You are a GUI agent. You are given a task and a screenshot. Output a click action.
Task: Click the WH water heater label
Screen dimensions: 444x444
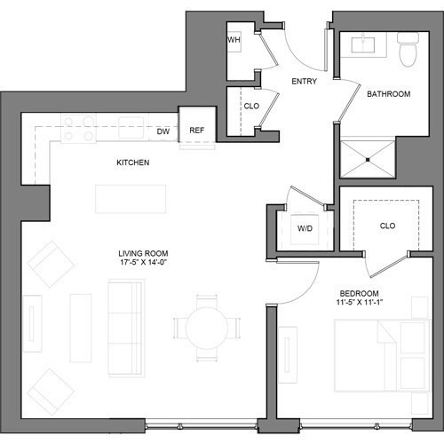[x=234, y=40]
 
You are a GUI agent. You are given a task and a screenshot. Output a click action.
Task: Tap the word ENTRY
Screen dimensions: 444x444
[x=305, y=81]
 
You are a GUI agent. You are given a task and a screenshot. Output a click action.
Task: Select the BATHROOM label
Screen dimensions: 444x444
[x=389, y=94]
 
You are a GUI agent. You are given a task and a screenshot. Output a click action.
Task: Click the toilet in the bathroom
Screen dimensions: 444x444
[x=408, y=50]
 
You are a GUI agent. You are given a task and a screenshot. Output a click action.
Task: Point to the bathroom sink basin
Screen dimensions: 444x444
[x=363, y=45]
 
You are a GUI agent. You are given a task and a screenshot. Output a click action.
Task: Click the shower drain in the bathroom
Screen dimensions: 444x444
[x=368, y=160]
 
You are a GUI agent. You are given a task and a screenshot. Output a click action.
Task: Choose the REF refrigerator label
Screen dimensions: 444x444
[x=197, y=131]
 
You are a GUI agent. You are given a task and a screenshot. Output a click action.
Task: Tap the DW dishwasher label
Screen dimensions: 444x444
[x=163, y=131]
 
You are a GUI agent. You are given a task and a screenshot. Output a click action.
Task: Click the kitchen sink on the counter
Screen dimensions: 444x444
[x=131, y=128]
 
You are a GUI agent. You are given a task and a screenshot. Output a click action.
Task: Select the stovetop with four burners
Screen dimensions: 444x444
[x=78, y=129]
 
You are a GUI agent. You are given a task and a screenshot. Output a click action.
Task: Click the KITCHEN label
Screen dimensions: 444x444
[x=133, y=163]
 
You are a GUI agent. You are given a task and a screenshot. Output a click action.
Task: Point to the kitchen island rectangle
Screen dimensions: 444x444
[x=131, y=199]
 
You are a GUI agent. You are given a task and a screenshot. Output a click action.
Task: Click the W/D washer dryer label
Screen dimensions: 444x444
[x=305, y=228]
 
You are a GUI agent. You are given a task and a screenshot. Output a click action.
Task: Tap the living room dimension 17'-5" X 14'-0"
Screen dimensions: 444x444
[x=143, y=262]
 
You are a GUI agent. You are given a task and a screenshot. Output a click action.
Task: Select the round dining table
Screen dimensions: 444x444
[x=207, y=328]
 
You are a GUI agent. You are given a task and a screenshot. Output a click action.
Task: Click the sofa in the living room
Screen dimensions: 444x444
[x=126, y=328]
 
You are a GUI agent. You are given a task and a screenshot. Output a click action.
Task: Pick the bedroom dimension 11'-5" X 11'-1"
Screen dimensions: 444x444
[x=360, y=303]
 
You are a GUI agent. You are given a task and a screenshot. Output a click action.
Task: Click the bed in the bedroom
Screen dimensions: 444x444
[x=382, y=355]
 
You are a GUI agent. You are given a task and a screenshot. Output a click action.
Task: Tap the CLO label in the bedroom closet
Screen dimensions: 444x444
[x=387, y=226]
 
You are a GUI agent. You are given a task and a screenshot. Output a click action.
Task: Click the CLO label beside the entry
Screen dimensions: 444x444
[x=251, y=106]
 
